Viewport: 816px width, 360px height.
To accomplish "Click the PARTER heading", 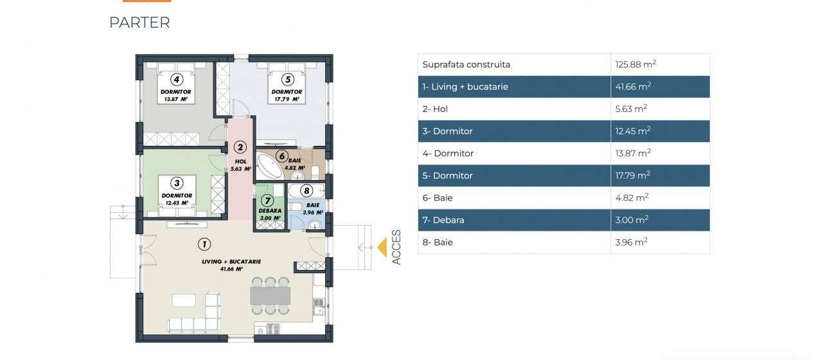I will pyautogui.click(x=139, y=22).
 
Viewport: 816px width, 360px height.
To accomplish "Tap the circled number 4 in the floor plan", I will pyautogui.click(x=176, y=80).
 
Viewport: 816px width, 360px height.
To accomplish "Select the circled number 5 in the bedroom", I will pyautogui.click(x=287, y=80).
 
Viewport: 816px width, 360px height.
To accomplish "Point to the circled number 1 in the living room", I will pyautogui.click(x=204, y=244).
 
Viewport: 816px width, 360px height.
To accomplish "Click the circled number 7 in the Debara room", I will pyautogui.click(x=269, y=200).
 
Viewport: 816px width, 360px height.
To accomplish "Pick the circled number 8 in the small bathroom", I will pyautogui.click(x=306, y=190).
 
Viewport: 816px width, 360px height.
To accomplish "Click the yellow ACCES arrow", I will pyautogui.click(x=382, y=248).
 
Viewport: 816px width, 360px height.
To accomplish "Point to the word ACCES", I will pyautogui.click(x=396, y=248).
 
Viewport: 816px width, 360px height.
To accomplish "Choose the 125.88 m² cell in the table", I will pyautogui.click(x=635, y=64).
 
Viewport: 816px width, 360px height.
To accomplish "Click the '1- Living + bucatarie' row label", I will pyautogui.click(x=465, y=87).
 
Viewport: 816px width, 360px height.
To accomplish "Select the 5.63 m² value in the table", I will pyautogui.click(x=631, y=109).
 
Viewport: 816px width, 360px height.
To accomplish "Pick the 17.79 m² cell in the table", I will pyautogui.click(x=632, y=175).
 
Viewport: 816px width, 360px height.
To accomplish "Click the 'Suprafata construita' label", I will pyautogui.click(x=466, y=64).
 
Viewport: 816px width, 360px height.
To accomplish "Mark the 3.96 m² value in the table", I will pyautogui.click(x=631, y=242).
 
